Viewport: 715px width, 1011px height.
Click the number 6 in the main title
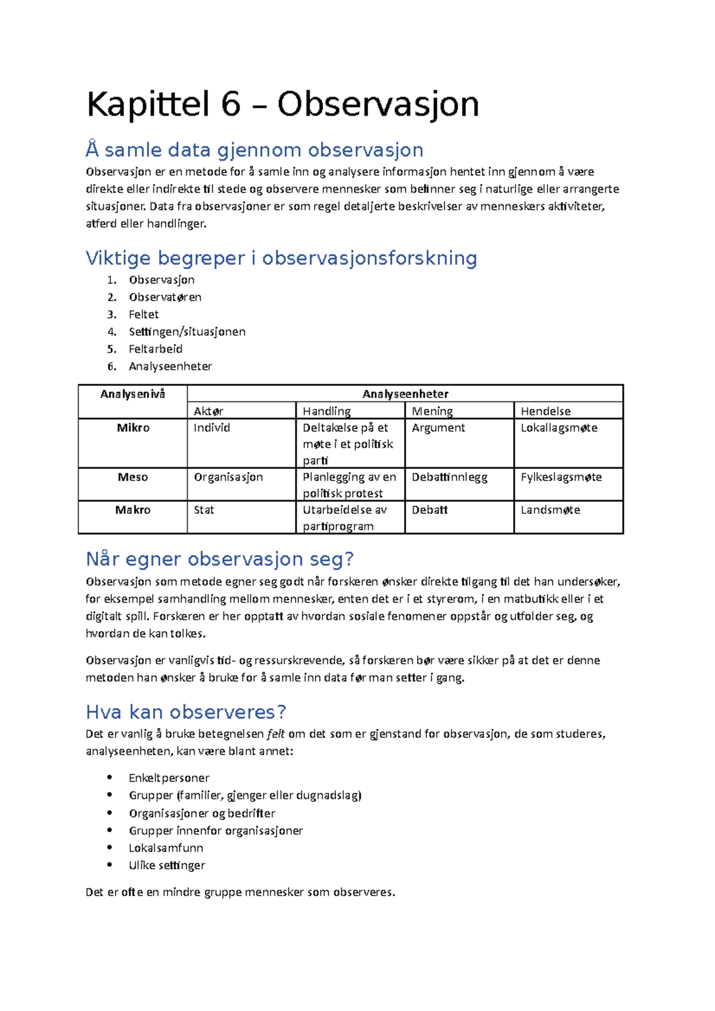[x=231, y=105]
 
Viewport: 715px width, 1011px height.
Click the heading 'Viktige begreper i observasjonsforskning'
[x=281, y=258]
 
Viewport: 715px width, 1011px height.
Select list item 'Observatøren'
[x=165, y=297]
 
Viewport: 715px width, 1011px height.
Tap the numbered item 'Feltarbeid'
[x=156, y=349]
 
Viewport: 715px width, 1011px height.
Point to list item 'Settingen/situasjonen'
[x=187, y=332]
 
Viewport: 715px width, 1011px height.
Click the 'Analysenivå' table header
[x=132, y=394]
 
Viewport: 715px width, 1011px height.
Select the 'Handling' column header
[x=327, y=411]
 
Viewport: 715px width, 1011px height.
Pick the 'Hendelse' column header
[x=545, y=411]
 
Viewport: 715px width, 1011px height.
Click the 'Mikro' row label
[x=133, y=428]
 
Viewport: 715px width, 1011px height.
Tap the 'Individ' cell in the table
[x=212, y=428]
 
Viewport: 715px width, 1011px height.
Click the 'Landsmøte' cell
[x=550, y=510]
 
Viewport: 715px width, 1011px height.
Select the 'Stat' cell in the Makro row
[x=204, y=510]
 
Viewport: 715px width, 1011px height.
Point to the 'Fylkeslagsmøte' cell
[x=561, y=477]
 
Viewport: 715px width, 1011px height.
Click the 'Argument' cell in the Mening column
[x=438, y=428]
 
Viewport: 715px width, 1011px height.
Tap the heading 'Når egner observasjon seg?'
[x=220, y=559]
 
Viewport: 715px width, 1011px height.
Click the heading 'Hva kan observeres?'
[x=186, y=712]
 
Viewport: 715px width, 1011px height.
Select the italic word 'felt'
[x=275, y=734]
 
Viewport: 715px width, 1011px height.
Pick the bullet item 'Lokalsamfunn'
[x=166, y=848]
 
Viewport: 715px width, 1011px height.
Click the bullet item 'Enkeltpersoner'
[x=169, y=778]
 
